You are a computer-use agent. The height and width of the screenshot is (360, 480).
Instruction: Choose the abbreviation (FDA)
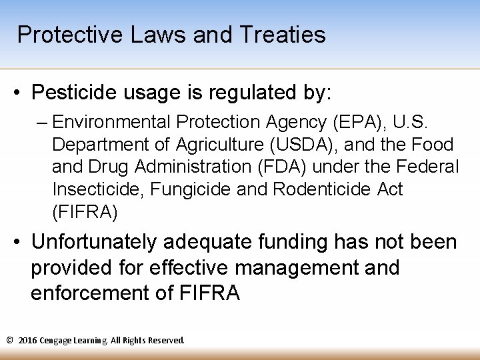pyautogui.click(x=297, y=167)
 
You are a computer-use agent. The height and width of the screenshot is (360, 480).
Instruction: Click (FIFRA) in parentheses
pyautogui.click(x=85, y=212)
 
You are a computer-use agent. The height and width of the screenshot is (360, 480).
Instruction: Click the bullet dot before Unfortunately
pyautogui.click(x=19, y=243)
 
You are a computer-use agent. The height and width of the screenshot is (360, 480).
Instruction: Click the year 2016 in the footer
pyautogui.click(x=28, y=340)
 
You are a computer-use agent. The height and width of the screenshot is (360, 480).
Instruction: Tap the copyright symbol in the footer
pyautogui.click(x=9, y=340)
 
